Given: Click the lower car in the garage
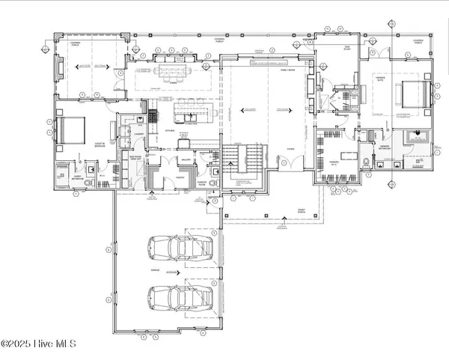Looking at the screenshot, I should click(x=180, y=297).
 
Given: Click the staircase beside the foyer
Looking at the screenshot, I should click(x=245, y=158).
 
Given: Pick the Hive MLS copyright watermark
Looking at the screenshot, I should click(x=39, y=345).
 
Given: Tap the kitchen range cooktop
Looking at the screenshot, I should click(x=153, y=115).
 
